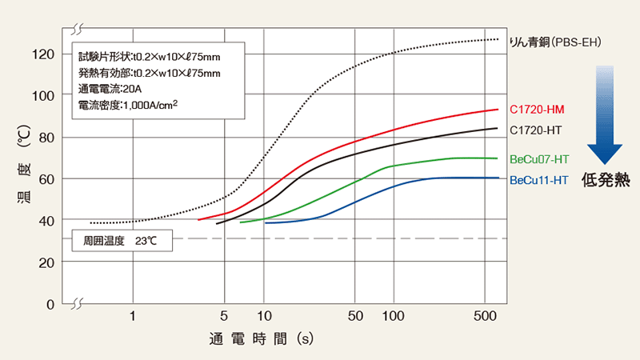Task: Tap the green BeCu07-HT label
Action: pos(540,159)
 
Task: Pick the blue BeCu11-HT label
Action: pos(539,181)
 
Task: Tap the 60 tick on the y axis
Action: pos(46,178)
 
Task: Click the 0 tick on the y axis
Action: pos(49,304)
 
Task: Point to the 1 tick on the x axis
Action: pos(133,316)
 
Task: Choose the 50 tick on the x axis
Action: pos(356,316)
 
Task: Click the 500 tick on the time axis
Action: pos(486,316)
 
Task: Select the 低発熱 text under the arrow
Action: pos(606,180)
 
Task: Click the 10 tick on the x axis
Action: pos(264,316)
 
